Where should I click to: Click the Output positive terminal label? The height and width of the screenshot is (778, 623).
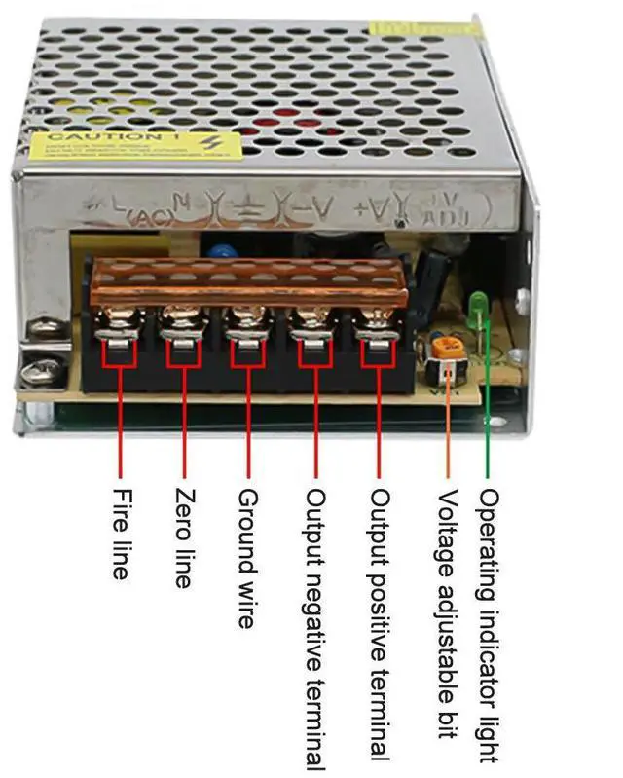[380, 624]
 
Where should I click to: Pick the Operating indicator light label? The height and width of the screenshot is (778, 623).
[491, 624]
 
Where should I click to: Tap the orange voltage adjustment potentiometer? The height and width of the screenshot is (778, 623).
[447, 347]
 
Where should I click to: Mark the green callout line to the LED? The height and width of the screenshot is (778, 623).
[488, 409]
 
